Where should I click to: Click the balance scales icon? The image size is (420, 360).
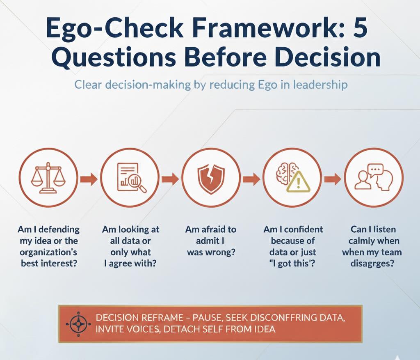[48, 177]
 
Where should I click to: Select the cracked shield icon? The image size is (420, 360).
[211, 178]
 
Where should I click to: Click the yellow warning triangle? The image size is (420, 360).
[299, 182]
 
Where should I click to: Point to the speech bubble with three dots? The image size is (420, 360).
[376, 170]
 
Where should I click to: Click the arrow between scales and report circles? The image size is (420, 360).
[89, 178]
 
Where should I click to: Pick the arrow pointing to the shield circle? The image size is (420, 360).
[170, 178]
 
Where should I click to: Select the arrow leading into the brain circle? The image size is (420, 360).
[251, 178]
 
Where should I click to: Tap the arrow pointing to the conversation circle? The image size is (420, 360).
[333, 178]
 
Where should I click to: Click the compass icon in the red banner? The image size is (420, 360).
[78, 324]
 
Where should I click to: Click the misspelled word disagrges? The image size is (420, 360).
[372, 264]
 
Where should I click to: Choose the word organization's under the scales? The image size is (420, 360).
[48, 252]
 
